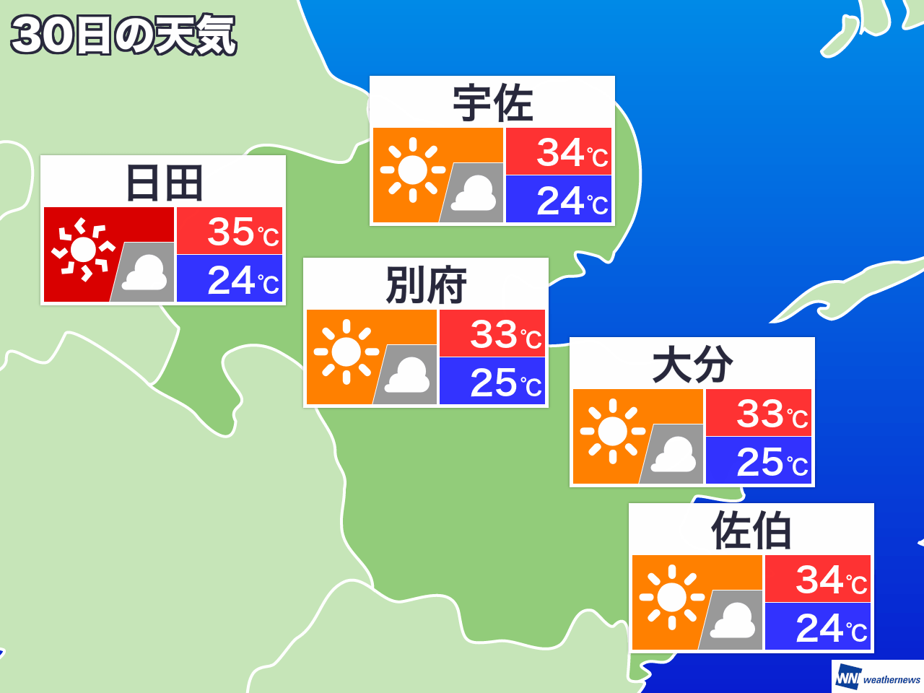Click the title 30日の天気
(x=123, y=35)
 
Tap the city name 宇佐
(x=492, y=103)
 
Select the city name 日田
(x=163, y=183)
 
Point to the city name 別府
(x=426, y=285)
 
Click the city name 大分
(x=692, y=365)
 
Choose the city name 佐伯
(x=751, y=531)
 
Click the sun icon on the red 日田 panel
(x=83, y=250)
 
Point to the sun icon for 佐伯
(x=672, y=597)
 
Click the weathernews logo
(x=878, y=678)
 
